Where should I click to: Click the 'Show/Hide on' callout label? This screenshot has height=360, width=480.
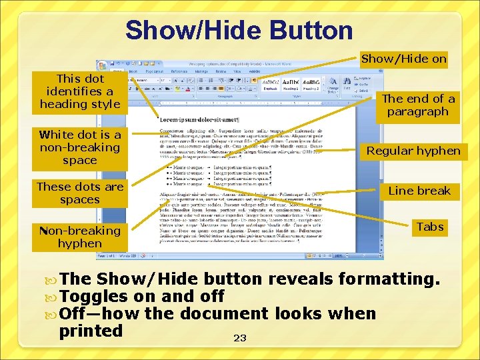coord(404,59)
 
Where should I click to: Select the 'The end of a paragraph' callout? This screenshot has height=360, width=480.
coord(418,105)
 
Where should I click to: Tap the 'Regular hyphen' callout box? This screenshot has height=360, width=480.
coord(413,151)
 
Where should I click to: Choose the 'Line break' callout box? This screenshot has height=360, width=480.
coord(419,191)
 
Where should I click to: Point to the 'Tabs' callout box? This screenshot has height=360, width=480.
coord(430,227)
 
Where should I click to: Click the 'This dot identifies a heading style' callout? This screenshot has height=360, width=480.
coord(79,91)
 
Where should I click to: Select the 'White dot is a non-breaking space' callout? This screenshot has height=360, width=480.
coord(79,147)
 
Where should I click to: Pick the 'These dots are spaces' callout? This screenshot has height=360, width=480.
coord(79,193)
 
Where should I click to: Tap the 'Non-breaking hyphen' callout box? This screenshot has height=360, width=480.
coord(79,237)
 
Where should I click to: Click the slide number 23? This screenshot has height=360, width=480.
coord(240,339)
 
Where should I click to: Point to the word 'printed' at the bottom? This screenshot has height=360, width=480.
coord(91,331)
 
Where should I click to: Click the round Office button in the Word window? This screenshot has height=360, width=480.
coord(103,65)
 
